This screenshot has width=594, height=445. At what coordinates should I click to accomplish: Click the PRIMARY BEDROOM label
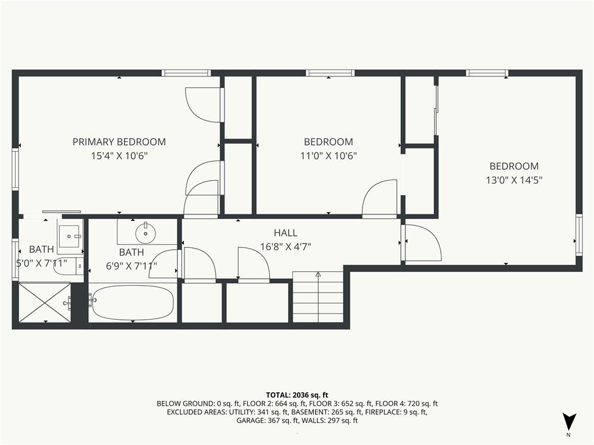119,142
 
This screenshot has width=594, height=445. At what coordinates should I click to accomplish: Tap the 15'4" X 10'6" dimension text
119,155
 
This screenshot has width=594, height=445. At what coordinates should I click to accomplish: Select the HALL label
285,233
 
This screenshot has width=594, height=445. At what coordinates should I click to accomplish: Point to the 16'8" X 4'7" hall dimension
285,247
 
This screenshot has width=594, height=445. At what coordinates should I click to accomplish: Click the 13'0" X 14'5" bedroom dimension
514,180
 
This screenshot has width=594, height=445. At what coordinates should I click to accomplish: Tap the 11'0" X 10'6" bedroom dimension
328,155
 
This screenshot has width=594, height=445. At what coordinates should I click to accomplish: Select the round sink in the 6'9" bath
146,233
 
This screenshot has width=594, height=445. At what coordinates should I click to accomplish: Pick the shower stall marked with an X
45,302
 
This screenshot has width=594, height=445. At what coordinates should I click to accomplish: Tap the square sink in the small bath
70,236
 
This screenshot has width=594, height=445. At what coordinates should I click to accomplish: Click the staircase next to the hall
318,297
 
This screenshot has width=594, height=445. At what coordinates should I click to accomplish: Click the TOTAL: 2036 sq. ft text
297,395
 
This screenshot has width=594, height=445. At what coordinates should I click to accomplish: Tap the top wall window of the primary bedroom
186,73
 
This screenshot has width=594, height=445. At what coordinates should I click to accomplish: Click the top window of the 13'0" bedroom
487,73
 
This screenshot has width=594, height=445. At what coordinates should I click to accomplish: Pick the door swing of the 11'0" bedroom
379,198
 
